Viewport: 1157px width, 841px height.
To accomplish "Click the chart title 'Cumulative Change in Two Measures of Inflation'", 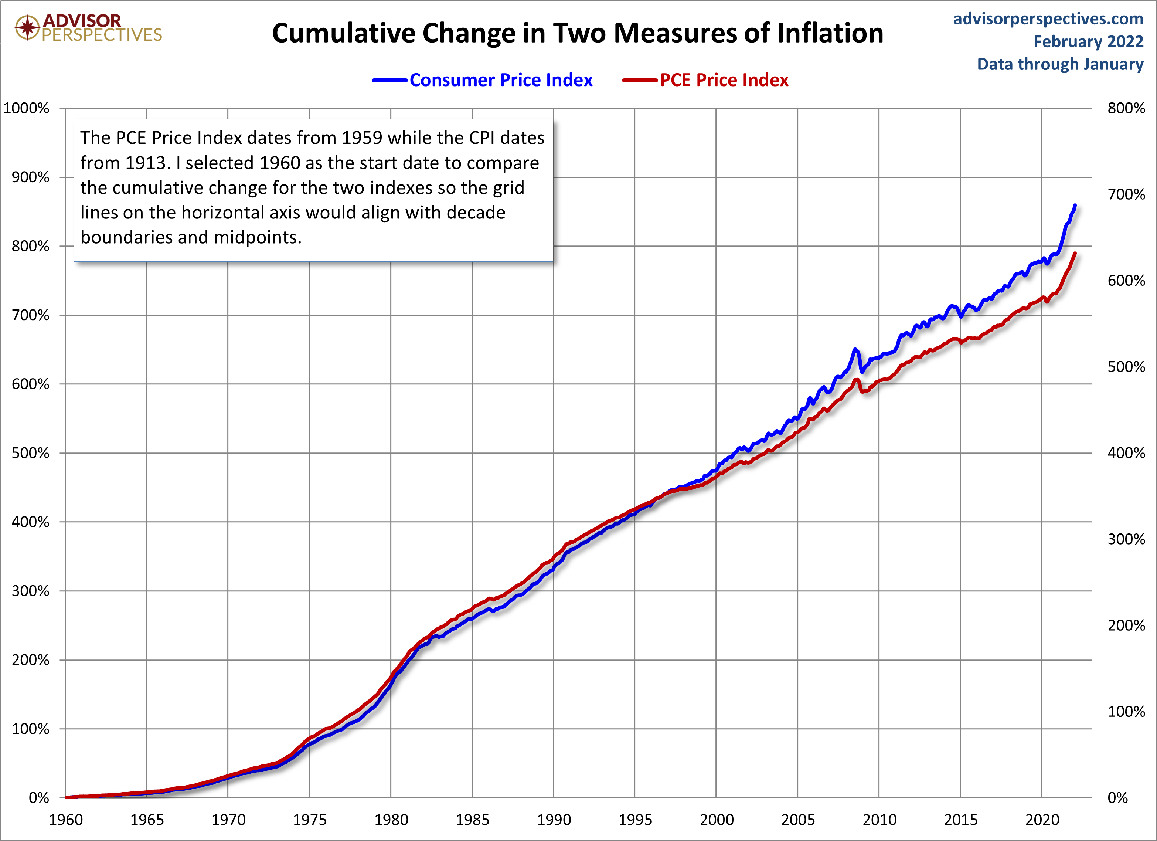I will pyautogui.click(x=578, y=33).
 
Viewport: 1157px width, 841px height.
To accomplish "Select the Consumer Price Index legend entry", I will pyautogui.click(x=500, y=80).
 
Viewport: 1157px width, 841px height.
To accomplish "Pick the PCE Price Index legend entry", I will pyautogui.click(x=724, y=80).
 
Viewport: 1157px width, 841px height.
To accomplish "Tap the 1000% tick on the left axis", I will pyautogui.click(x=27, y=108).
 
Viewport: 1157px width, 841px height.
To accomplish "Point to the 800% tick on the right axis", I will pyautogui.click(x=1126, y=108).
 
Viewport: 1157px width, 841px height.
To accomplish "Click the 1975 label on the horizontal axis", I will pyautogui.click(x=309, y=820).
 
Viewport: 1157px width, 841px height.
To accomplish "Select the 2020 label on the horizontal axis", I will pyautogui.click(x=1042, y=820).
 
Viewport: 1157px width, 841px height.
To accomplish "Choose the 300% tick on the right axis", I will pyautogui.click(x=1126, y=539).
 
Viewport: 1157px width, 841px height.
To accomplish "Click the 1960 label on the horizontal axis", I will pyautogui.click(x=66, y=820).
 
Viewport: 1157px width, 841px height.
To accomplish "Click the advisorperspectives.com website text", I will pyautogui.click(x=1048, y=19).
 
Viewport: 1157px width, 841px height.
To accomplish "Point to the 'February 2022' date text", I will pyautogui.click(x=1088, y=42).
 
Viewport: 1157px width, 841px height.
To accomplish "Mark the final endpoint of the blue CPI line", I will pyautogui.click(x=1075, y=206).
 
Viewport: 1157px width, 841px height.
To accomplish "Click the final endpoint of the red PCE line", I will pyautogui.click(x=1075, y=253).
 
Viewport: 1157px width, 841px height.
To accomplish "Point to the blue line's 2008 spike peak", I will pyautogui.click(x=855, y=350).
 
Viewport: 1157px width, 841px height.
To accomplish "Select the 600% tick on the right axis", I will pyautogui.click(x=1126, y=281).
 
